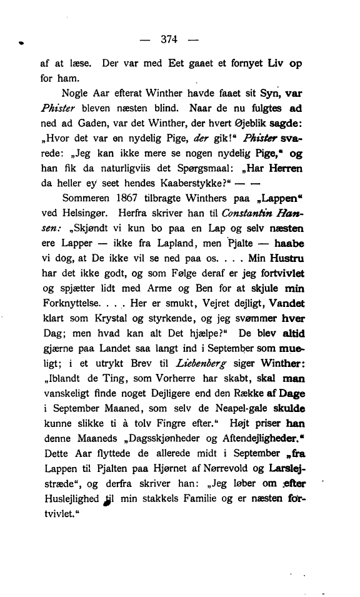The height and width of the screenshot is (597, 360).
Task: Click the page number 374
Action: [x=169, y=39]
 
